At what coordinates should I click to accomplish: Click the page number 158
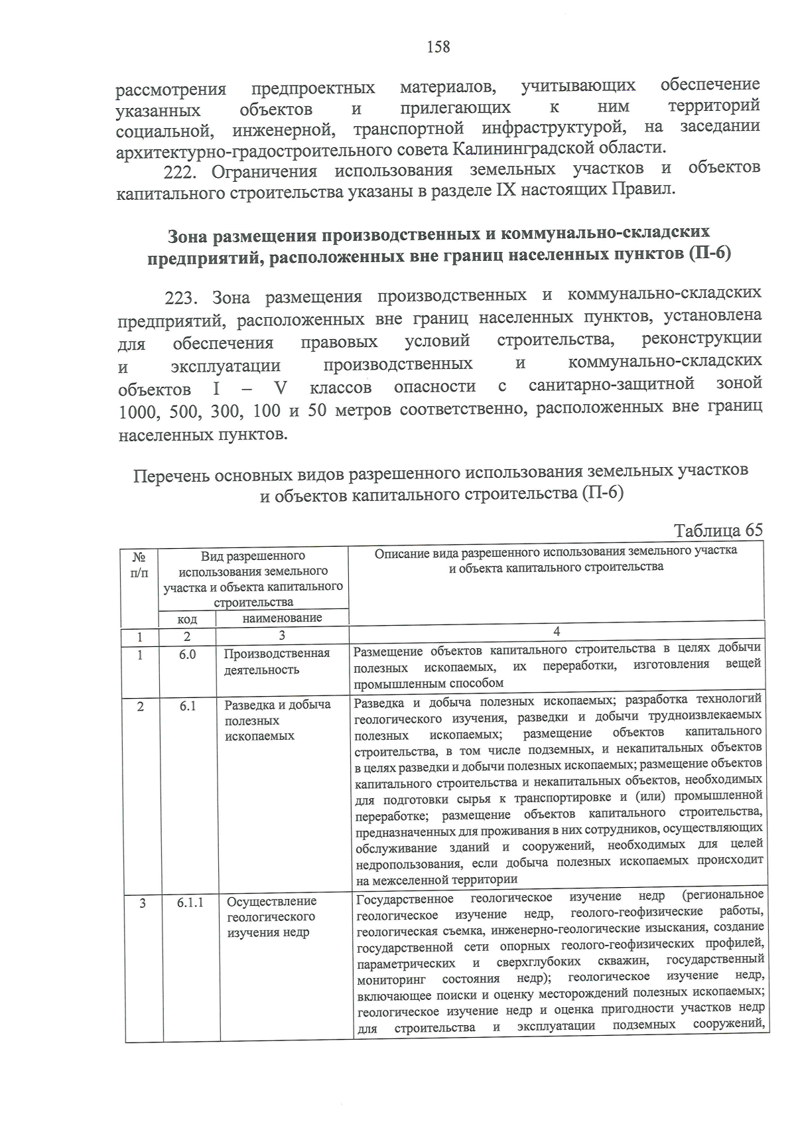pos(438,46)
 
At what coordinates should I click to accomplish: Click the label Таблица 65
pos(718,531)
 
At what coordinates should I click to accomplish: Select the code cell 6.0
pos(187,654)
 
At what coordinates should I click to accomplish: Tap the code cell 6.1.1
pos(190,902)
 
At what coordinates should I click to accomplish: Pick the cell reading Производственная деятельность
pos(277,662)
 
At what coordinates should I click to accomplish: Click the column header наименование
pos(282,618)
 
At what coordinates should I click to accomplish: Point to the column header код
pos(187,618)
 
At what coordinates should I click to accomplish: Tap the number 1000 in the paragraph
pos(137,411)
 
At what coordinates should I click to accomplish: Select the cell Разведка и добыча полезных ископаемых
pos(277,720)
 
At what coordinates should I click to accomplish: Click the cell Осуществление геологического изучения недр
pos(271,917)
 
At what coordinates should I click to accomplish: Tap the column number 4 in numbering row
pos(556,632)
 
